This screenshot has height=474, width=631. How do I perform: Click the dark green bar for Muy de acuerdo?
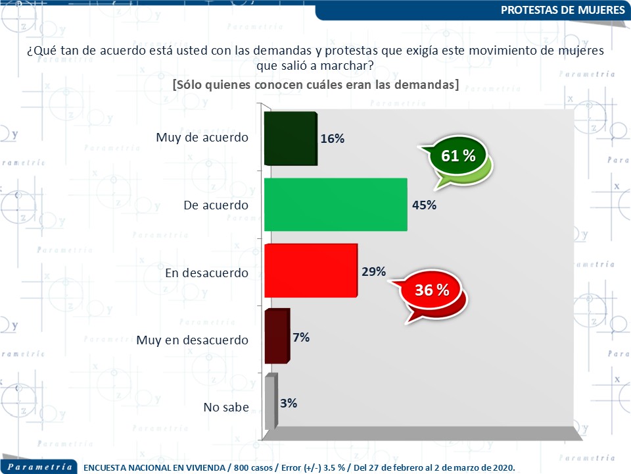coord(290,139)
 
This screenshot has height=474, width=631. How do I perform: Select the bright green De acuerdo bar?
coord(335,205)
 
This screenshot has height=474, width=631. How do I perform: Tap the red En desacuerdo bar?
coord(310,271)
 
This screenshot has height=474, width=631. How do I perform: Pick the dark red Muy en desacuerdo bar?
coord(276,336)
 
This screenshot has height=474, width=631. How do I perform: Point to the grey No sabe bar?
coord(270,402)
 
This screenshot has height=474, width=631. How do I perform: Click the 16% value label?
coord(333,139)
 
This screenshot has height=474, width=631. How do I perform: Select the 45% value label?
coord(424,205)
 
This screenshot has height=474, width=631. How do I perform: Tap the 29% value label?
coord(373,271)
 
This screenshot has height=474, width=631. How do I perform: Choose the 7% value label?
coord(301,337)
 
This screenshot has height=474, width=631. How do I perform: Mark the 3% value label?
coord(288,403)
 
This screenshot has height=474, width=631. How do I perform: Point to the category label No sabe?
coord(226,407)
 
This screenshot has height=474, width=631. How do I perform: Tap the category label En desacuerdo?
coord(206,273)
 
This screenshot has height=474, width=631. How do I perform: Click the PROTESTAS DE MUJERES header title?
coord(562,10)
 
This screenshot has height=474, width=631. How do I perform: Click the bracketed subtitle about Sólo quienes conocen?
coord(315,85)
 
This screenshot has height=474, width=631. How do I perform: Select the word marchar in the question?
coord(350,65)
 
